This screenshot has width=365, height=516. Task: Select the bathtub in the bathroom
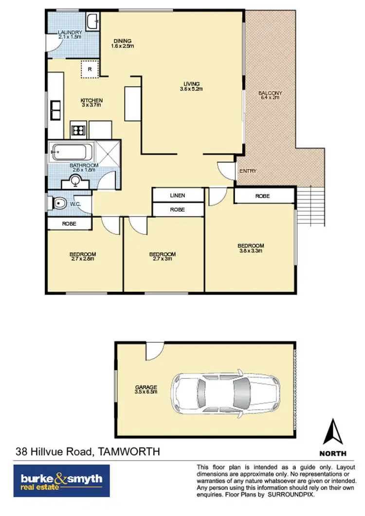click(x=71, y=152)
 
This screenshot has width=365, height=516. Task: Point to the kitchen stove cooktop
click(x=78, y=130)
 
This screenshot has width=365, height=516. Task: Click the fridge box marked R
click(x=90, y=69)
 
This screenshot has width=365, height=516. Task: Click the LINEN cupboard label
click(x=178, y=196)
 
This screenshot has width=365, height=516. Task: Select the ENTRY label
click(x=248, y=171)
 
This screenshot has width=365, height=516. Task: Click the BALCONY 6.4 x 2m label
click(x=270, y=95)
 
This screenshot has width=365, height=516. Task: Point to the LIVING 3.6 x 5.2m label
click(x=191, y=86)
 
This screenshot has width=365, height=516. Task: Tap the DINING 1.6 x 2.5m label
click(x=123, y=43)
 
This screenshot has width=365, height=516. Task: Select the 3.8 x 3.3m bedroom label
click(x=251, y=249)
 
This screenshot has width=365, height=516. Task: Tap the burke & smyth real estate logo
click(x=61, y=480)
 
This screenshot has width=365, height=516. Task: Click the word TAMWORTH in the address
click(x=128, y=452)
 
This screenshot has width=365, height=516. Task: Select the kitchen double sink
click(x=57, y=110)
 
